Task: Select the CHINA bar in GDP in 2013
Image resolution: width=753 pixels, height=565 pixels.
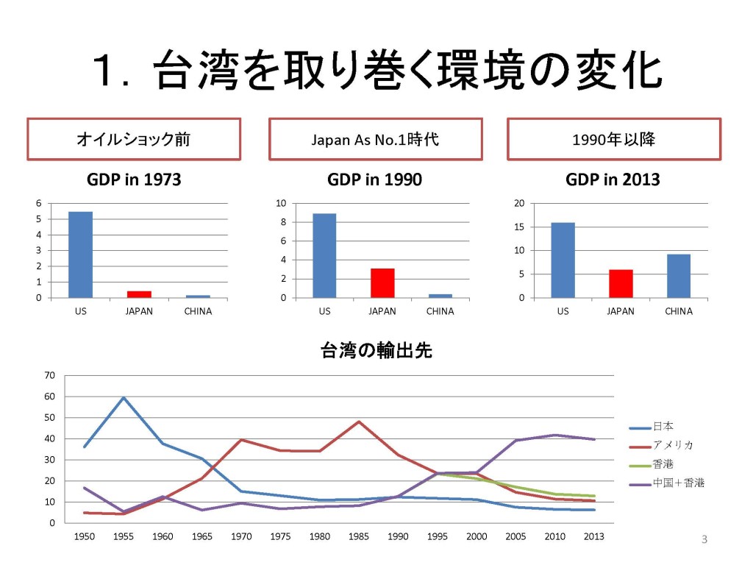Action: coord(678,276)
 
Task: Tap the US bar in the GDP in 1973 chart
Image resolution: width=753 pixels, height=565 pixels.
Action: coord(81,255)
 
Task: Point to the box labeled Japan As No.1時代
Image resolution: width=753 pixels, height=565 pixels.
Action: coord(375,139)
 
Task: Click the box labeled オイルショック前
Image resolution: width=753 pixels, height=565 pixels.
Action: coord(134,139)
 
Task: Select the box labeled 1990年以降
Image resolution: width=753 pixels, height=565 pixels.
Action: coord(613,139)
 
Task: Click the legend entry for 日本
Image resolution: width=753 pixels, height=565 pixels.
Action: coord(663,427)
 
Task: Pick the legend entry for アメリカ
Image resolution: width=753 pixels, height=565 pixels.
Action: coord(671,446)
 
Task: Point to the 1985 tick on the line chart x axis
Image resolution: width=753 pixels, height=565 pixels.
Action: coord(359,536)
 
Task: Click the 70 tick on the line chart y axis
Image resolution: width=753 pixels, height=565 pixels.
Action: coord(50,375)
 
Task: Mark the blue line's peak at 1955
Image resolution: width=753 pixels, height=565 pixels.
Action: coord(124,398)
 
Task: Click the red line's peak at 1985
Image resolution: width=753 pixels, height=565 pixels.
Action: coord(359,422)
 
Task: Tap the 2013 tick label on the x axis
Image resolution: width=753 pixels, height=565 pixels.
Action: coord(593,536)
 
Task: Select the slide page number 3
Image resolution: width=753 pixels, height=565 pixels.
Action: coord(704,541)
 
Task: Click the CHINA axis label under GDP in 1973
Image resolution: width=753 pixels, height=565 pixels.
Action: coord(198,311)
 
